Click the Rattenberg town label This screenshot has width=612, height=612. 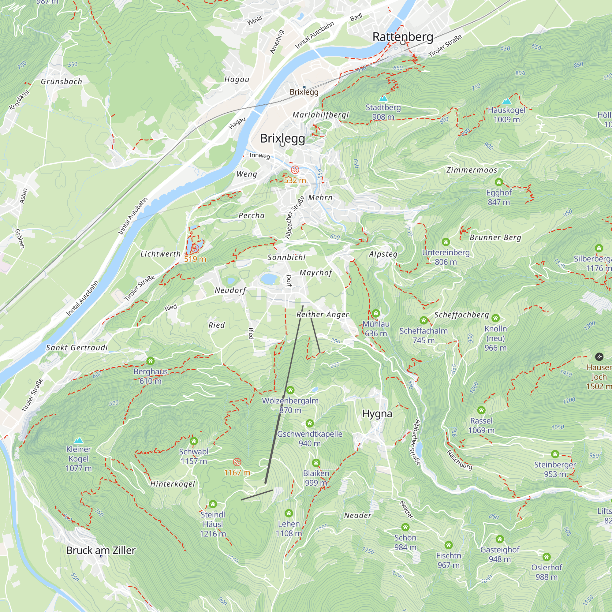tap(403, 37)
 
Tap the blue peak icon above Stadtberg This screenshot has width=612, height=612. tap(383, 98)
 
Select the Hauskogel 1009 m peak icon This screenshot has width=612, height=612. tap(507, 101)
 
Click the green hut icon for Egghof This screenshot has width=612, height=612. tap(498, 182)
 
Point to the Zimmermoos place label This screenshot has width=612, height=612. tap(472, 170)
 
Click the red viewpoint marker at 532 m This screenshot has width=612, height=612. tap(295, 170)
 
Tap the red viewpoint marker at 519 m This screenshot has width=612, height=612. tap(195, 249)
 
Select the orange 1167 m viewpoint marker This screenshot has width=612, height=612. tap(237, 462)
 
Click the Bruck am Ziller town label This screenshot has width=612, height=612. tap(101, 550)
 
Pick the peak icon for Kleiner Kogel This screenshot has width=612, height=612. tap(78, 440)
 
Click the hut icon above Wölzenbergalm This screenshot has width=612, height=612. tap(290, 390)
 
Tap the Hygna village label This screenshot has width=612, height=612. tap(377, 413)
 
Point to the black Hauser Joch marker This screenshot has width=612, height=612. tap(599, 357)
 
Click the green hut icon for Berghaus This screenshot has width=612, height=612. tap(151, 361)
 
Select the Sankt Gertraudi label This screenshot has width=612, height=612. tap(77, 348)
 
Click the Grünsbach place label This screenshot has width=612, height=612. tap(62, 81)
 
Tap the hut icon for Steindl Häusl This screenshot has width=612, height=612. tap(213, 504)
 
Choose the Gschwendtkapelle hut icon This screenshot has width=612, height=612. tap(309, 423)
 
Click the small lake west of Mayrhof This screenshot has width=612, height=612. tap(269, 279)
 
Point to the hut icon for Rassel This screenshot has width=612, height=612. tap(481, 410)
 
